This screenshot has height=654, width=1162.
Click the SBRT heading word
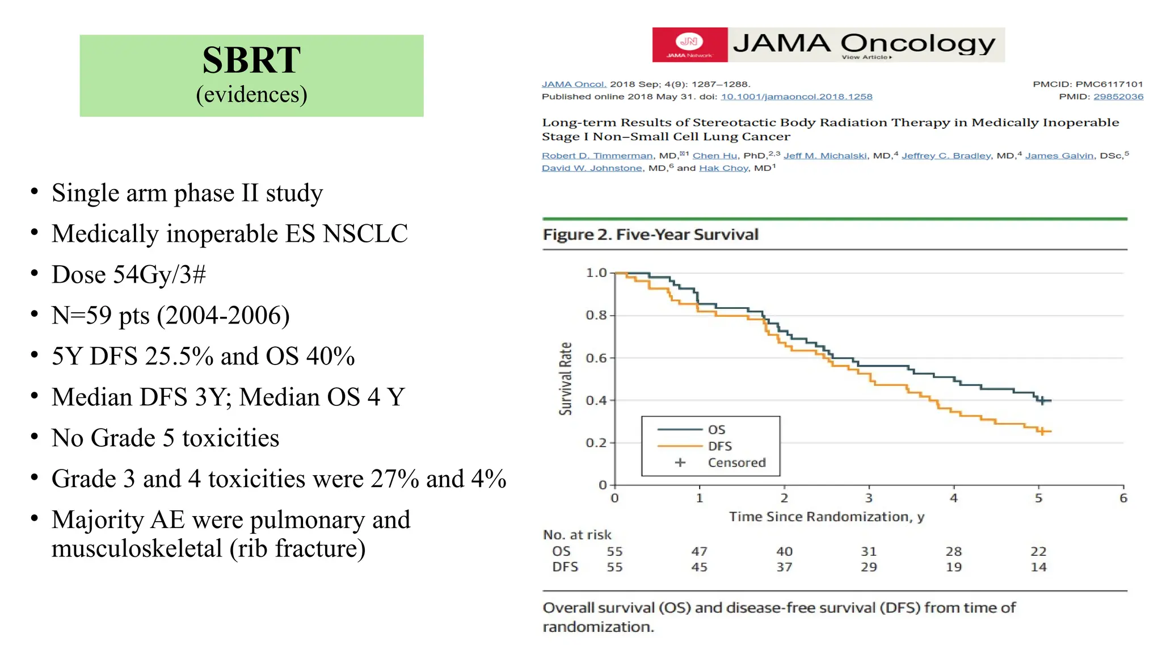(251, 60)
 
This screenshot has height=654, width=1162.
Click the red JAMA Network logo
(689, 44)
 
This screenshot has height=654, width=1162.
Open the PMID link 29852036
(1118, 97)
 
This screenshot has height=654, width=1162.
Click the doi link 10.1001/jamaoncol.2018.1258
(796, 97)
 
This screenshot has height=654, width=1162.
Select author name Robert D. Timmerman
(597, 156)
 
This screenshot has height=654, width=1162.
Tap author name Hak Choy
(723, 168)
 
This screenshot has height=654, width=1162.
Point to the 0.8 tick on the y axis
(596, 315)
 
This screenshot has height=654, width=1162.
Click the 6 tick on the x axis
(1123, 498)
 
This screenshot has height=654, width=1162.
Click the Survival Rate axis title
(566, 379)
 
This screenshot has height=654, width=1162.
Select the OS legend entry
(716, 430)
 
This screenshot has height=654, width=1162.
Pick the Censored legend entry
(736, 463)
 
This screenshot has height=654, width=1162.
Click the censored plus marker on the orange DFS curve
(1042, 431)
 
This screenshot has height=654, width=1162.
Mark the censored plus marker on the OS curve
(1042, 401)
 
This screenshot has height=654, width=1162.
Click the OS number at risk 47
(699, 551)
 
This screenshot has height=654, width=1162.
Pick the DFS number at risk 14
(1038, 567)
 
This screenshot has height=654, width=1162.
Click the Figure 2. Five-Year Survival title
(650, 234)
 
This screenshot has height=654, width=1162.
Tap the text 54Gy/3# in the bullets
(159, 275)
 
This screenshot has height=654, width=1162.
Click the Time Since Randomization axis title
(826, 517)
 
